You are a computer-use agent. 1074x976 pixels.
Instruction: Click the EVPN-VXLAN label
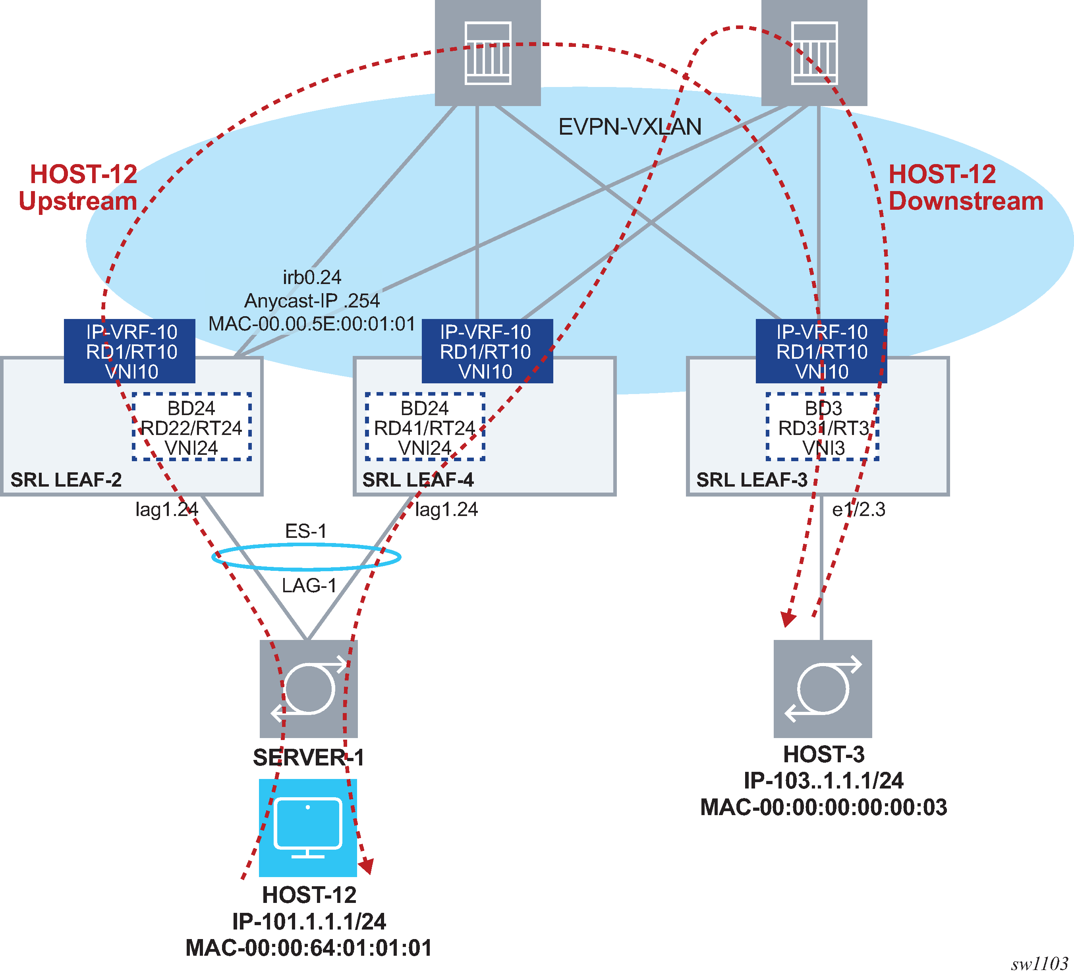(629, 127)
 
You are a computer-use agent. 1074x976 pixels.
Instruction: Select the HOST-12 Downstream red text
(965, 187)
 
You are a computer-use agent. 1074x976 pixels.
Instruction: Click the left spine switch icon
(487, 53)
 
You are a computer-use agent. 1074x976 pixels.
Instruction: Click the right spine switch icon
(814, 53)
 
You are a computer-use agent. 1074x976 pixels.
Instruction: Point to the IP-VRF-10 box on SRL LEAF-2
(129, 351)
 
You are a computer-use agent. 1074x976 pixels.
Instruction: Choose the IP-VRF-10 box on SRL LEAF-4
(487, 351)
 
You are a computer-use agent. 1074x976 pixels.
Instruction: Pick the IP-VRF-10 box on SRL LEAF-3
(821, 351)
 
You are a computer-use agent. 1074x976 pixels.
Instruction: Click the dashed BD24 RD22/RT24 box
(191, 427)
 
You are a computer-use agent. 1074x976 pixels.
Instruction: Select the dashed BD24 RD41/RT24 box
(425, 427)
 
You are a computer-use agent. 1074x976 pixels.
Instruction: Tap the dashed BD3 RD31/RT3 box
(823, 427)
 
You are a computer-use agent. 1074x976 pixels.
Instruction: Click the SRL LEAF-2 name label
(66, 480)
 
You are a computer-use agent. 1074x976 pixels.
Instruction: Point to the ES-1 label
(306, 531)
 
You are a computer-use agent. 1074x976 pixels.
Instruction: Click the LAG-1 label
(309, 586)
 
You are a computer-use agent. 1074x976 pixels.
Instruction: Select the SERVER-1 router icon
(309, 688)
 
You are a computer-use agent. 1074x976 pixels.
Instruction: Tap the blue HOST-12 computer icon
(308, 828)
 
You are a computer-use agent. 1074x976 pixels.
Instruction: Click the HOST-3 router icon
(823, 688)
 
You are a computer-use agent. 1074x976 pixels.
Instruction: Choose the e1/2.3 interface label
(858, 510)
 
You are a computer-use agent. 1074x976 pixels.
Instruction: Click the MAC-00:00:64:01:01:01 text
(309, 948)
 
